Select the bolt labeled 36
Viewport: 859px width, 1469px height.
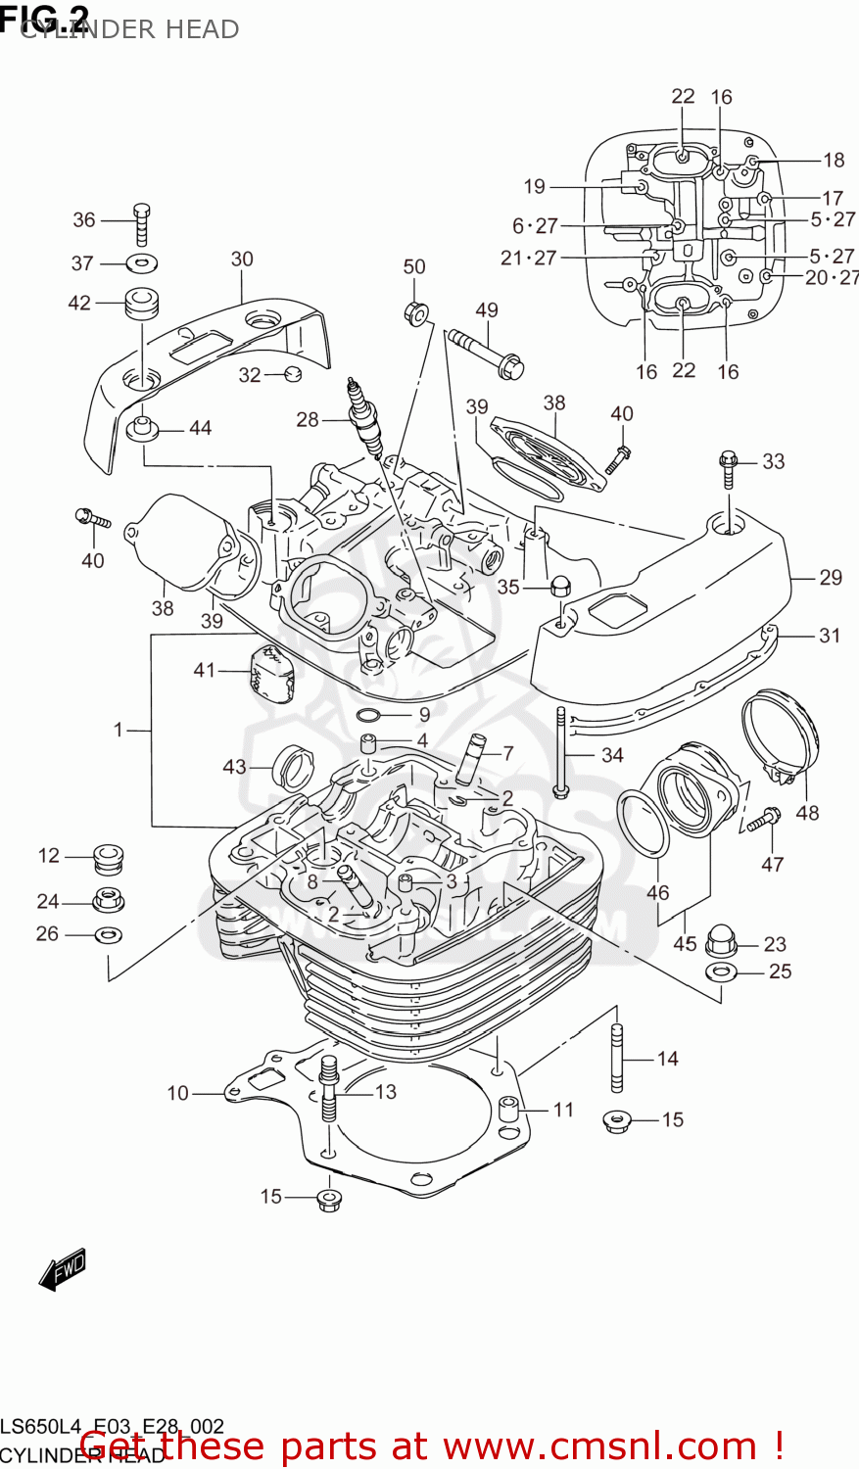point(141,224)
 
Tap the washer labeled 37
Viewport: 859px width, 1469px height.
point(143,262)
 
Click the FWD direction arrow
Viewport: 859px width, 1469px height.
point(63,1269)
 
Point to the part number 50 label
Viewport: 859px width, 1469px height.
point(414,266)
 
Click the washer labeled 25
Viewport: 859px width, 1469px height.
point(721,971)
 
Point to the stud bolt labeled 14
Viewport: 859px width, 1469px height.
point(617,1058)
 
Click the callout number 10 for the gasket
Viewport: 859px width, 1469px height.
point(177,1092)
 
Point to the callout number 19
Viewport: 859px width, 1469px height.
point(534,186)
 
